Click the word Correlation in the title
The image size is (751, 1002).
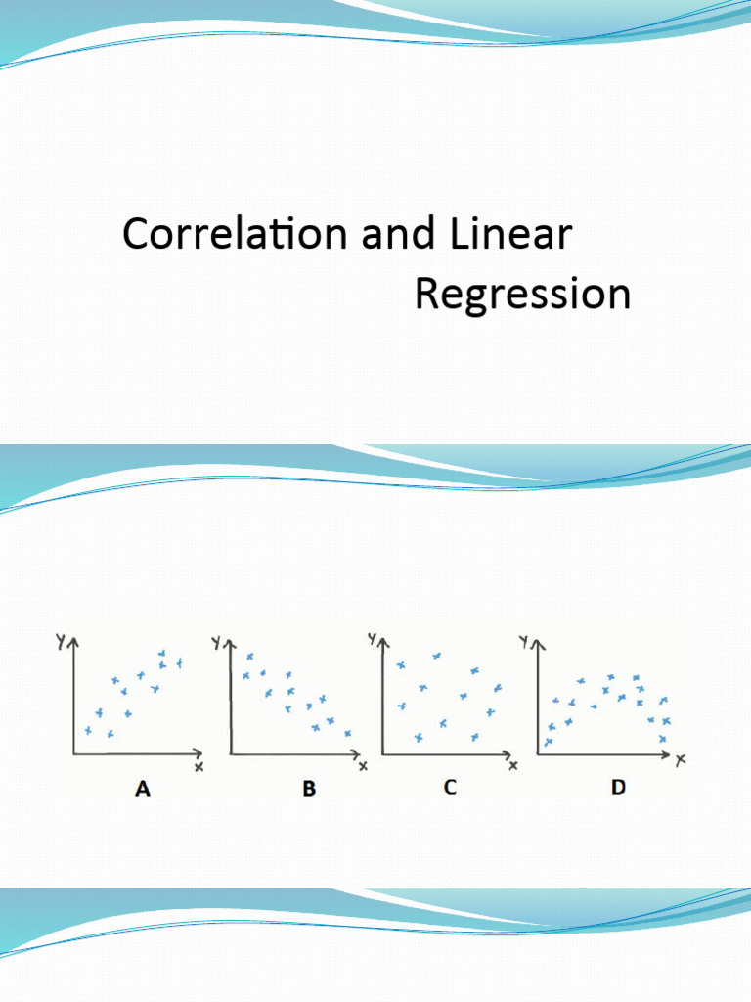tap(236, 235)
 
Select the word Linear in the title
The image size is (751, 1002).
tap(509, 235)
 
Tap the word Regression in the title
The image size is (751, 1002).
tap(522, 294)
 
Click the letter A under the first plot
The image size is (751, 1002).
tap(142, 789)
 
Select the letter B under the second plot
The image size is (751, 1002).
tap(309, 789)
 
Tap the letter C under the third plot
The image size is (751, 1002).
tap(450, 787)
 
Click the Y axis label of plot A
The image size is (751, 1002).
tap(61, 642)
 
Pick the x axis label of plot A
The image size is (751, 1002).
tap(199, 767)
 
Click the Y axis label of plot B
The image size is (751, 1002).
tap(218, 642)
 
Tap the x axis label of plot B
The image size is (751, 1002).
tap(363, 766)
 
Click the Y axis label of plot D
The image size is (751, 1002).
tap(525, 642)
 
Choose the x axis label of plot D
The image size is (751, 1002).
tap(681, 758)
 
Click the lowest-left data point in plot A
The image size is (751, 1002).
tap(87, 731)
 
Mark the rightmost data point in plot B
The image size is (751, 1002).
tap(348, 733)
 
